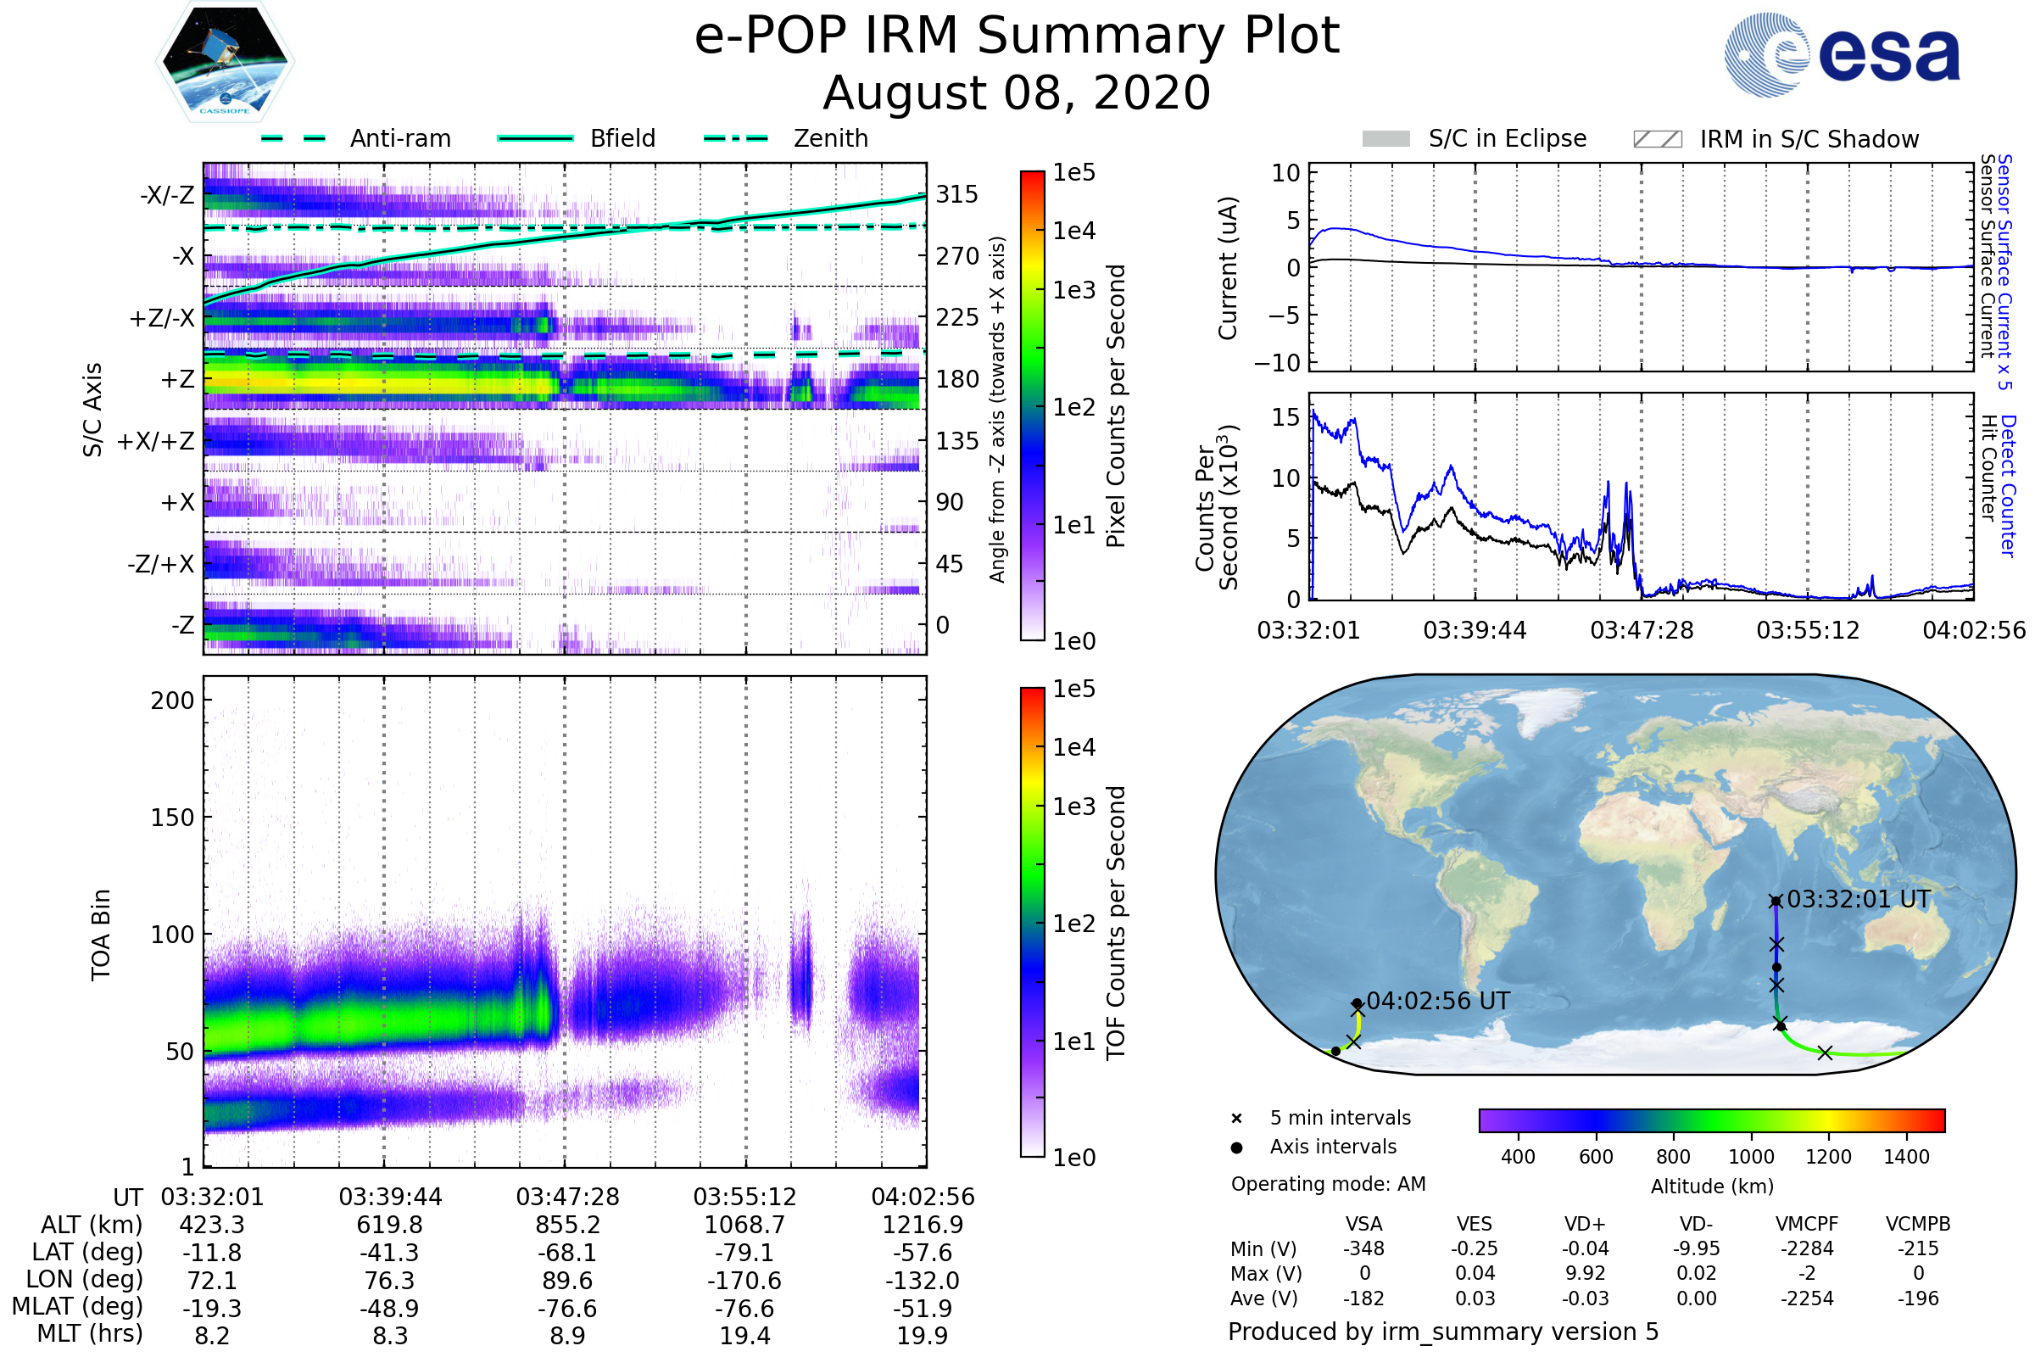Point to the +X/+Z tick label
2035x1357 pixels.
click(x=156, y=441)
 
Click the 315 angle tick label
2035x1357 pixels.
click(x=957, y=194)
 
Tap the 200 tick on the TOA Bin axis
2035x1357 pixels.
click(x=172, y=701)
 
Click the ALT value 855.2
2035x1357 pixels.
click(x=567, y=1225)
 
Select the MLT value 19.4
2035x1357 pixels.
click(x=745, y=1335)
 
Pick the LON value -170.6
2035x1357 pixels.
click(x=745, y=1280)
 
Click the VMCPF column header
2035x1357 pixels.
click(x=1807, y=1224)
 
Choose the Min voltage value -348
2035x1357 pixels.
click(x=1363, y=1248)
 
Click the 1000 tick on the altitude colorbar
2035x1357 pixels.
click(x=1751, y=1157)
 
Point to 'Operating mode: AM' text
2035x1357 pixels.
click(x=1328, y=1184)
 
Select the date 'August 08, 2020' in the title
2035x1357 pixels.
click(x=1017, y=92)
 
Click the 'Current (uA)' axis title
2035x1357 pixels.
click(x=1228, y=268)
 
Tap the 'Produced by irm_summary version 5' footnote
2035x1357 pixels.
click(x=1443, y=1332)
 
